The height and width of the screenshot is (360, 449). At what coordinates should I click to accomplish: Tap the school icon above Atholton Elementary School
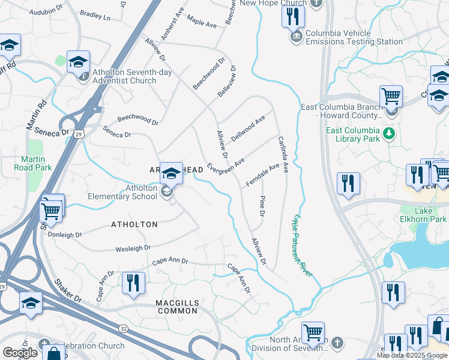pyautogui.click(x=172, y=173)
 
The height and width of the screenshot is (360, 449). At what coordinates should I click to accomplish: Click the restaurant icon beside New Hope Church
pyautogui.click(x=292, y=16)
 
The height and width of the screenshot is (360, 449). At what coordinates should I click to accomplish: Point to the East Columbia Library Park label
pyautogui.click(x=352, y=134)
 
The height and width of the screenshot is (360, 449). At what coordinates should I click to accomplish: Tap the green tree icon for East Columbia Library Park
pyautogui.click(x=390, y=132)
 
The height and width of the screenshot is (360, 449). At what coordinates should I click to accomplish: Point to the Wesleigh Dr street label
pyautogui.click(x=133, y=248)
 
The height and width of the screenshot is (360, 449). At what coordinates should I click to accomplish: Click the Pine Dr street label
pyautogui.click(x=262, y=206)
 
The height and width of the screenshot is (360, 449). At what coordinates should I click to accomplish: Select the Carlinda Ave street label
pyautogui.click(x=283, y=154)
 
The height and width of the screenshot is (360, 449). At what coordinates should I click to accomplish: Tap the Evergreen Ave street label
pyautogui.click(x=226, y=167)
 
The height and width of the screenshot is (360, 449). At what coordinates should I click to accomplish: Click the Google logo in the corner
pyautogui.click(x=20, y=353)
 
